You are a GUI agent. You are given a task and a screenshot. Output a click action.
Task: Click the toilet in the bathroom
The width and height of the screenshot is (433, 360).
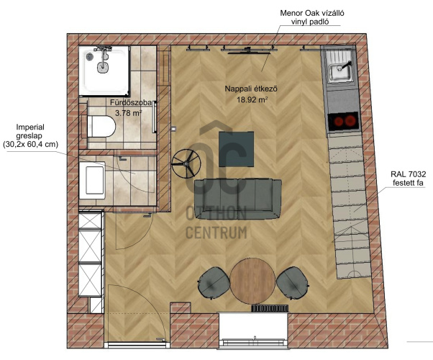click(x=101, y=127)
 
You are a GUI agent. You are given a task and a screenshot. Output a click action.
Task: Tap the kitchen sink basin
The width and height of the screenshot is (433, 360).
click(x=339, y=73)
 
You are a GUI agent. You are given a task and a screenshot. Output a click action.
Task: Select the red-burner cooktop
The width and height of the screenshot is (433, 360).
click(x=343, y=121)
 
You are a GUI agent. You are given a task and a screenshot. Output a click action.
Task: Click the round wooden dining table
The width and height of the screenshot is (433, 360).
click(x=252, y=281)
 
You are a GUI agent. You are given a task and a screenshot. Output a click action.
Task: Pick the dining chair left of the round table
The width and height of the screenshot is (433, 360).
click(x=214, y=283)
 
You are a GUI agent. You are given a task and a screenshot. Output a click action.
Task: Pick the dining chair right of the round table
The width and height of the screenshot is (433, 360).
click(x=292, y=282)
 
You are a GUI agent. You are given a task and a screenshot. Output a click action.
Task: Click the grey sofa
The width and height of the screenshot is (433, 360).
click(x=238, y=199)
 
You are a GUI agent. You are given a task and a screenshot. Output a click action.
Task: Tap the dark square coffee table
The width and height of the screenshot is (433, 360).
click(x=237, y=149)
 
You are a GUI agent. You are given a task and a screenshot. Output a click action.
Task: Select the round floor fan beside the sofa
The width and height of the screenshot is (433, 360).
click(x=186, y=163)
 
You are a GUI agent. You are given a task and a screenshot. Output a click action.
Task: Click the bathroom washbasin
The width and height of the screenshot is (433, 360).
click(x=93, y=180)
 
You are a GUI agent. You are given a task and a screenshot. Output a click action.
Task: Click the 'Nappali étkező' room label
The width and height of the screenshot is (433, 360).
click(x=251, y=89)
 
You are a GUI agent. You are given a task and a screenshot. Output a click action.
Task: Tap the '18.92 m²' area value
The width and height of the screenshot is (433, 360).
click(x=252, y=99)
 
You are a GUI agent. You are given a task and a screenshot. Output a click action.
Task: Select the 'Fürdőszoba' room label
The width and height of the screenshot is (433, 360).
click(x=131, y=102)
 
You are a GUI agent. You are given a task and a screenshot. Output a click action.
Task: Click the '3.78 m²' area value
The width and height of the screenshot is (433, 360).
click(x=129, y=113)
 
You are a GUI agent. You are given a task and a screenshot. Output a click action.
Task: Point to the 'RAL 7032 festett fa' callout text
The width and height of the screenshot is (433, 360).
click(x=408, y=179)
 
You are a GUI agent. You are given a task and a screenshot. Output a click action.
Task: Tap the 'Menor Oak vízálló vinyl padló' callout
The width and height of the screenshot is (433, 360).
click(x=312, y=17)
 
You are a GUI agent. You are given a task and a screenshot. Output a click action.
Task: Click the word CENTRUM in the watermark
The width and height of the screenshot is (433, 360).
click(x=216, y=233)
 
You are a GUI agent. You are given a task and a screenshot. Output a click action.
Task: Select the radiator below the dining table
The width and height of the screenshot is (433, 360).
click(x=270, y=308)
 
